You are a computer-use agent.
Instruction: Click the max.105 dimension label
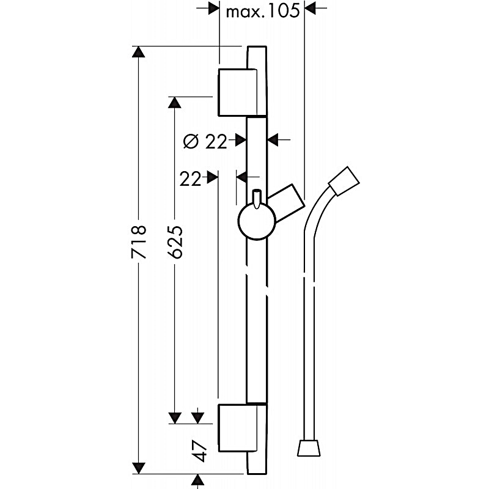click(x=262, y=10)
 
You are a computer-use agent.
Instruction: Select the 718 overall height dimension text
click(x=139, y=243)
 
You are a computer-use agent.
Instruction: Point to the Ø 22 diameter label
click(x=205, y=142)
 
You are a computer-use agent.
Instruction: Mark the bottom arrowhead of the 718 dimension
click(x=140, y=468)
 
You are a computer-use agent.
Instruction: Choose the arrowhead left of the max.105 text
click(x=214, y=8)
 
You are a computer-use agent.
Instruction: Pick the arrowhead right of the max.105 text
click(x=309, y=8)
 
